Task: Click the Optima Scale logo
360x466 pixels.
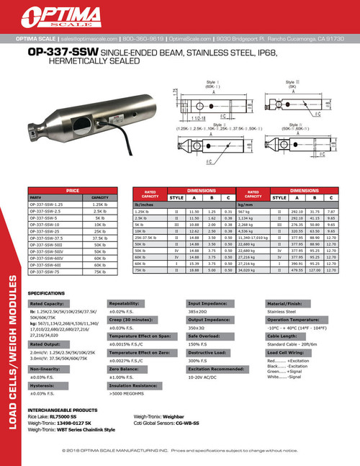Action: click(180, 16)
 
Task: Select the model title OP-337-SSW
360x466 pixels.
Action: click(60, 53)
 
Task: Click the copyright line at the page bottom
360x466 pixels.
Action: click(180, 449)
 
